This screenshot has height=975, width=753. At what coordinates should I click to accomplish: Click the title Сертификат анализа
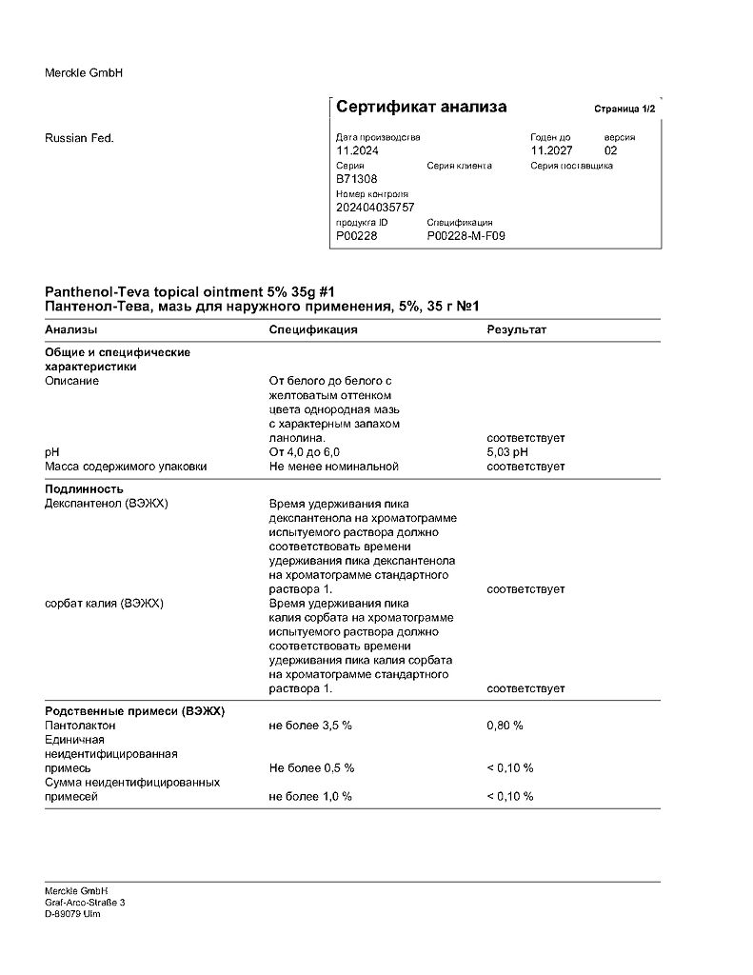click(x=421, y=107)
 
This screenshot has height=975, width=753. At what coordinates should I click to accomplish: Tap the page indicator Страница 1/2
click(x=624, y=109)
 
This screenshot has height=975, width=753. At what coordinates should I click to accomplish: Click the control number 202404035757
click(x=375, y=207)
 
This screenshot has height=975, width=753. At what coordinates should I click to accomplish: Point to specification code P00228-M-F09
click(x=466, y=235)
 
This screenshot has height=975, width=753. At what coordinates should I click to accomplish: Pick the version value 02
click(x=611, y=150)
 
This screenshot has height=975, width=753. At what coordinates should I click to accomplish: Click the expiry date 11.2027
click(x=551, y=150)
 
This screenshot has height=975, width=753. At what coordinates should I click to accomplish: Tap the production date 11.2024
click(x=357, y=150)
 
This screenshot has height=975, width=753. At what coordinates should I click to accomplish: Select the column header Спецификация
click(x=313, y=329)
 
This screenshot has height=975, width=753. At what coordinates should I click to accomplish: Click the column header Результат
click(x=516, y=329)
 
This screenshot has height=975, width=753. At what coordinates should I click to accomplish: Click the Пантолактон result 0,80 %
click(x=505, y=726)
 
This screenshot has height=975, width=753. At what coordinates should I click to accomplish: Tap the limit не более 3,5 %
click(x=310, y=726)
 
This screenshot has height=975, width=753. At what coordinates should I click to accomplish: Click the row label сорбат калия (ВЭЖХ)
click(x=105, y=604)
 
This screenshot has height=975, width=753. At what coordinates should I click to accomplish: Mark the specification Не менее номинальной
click(x=333, y=467)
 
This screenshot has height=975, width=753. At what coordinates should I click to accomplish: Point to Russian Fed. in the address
click(x=79, y=138)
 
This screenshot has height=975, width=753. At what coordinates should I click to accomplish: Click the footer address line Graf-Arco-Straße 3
click(x=85, y=902)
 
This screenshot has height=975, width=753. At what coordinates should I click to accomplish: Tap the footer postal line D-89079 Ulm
click(x=72, y=914)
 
